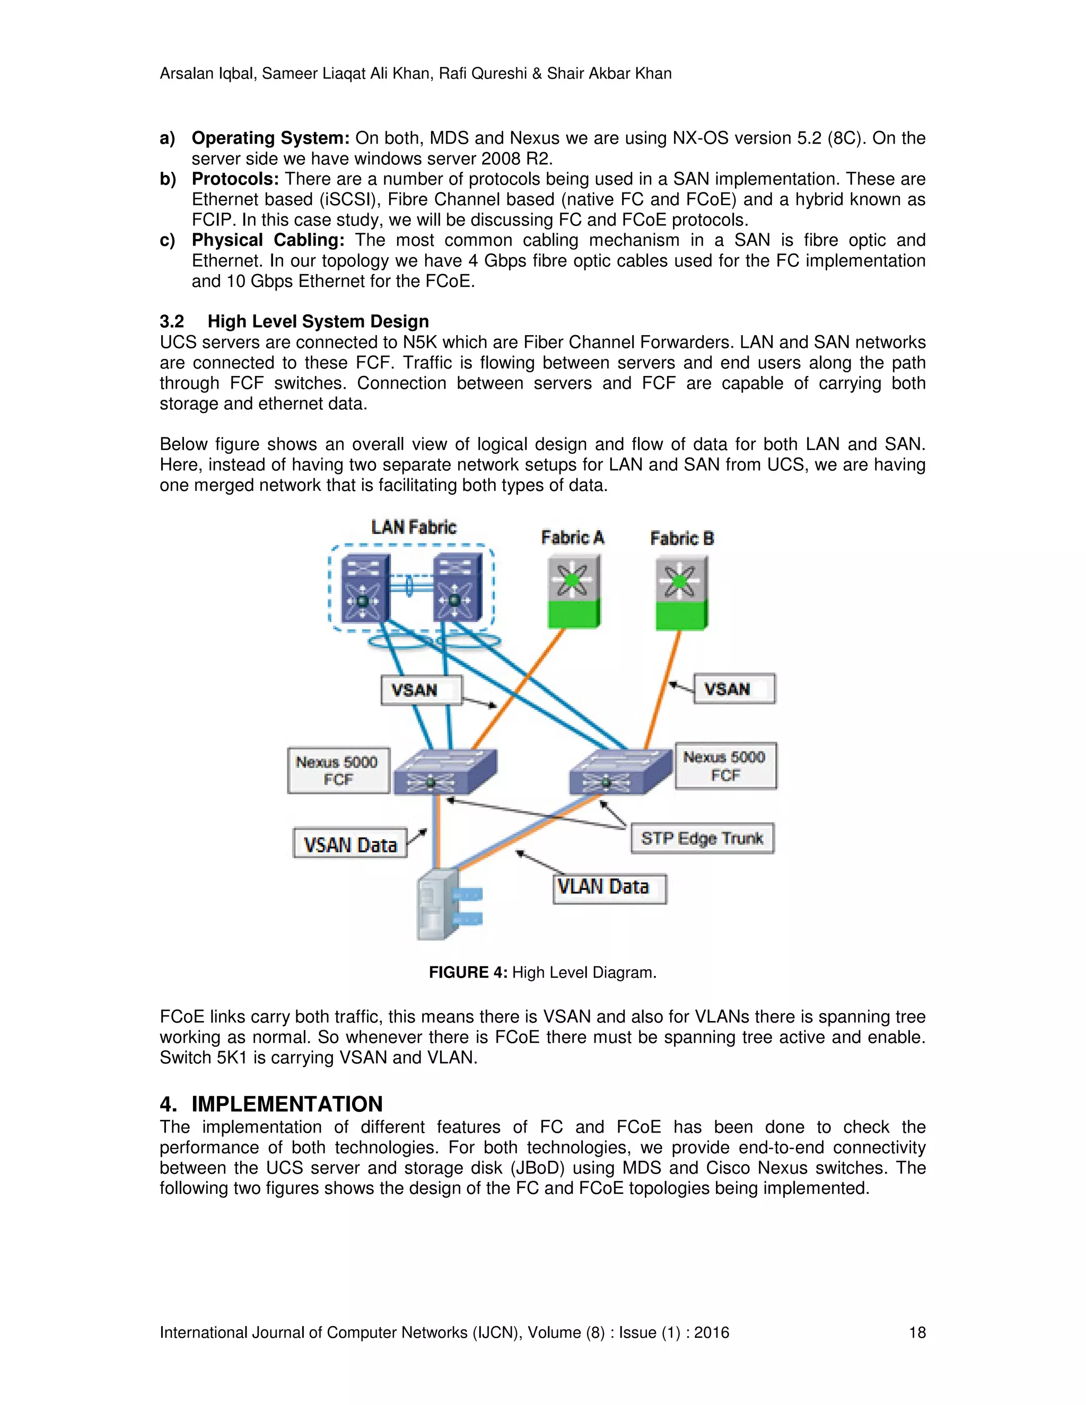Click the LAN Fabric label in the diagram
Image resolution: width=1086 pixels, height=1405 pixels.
tap(414, 528)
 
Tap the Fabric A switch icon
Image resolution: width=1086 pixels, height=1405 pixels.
tap(573, 591)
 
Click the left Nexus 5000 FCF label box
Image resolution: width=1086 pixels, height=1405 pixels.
tap(338, 770)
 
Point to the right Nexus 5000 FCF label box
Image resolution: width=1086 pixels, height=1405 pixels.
tap(725, 766)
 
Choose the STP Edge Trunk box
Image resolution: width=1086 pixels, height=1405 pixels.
tap(702, 838)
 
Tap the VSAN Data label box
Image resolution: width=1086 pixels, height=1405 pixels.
tap(350, 844)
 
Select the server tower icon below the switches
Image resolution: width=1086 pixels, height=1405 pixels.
tap(439, 905)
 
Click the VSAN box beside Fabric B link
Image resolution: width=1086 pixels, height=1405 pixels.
tap(733, 689)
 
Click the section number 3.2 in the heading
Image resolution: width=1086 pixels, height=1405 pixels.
tap(172, 322)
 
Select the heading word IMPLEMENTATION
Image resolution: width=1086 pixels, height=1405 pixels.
tap(287, 1104)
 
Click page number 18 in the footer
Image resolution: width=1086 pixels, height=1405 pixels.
tap(917, 1332)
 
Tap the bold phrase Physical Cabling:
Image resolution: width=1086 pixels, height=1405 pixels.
tap(268, 240)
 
